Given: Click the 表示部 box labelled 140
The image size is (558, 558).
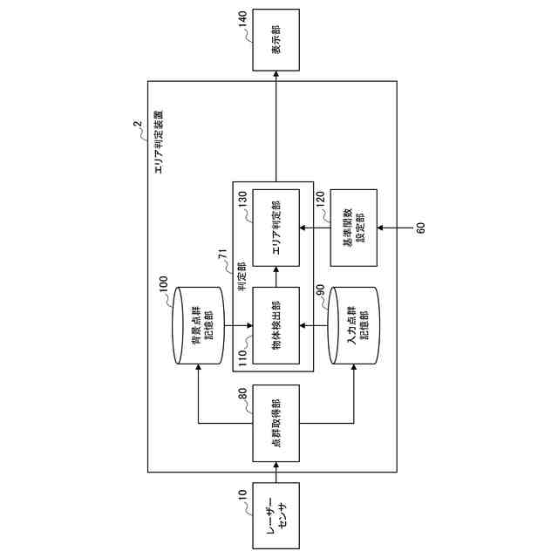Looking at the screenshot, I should point(276,40).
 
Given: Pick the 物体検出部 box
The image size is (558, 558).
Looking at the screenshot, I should point(276,326).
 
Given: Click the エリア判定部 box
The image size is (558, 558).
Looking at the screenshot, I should point(276,228).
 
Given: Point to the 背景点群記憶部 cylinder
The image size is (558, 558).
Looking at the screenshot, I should point(198,327).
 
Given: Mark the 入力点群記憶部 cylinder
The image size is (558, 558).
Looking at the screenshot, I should point(353,327).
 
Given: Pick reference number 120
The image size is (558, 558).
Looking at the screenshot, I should point(320,200).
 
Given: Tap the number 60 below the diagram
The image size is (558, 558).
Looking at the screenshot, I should point(420,228).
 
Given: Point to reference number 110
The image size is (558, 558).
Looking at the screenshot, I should point(242,358).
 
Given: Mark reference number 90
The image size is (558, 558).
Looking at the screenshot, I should point(320,289).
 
